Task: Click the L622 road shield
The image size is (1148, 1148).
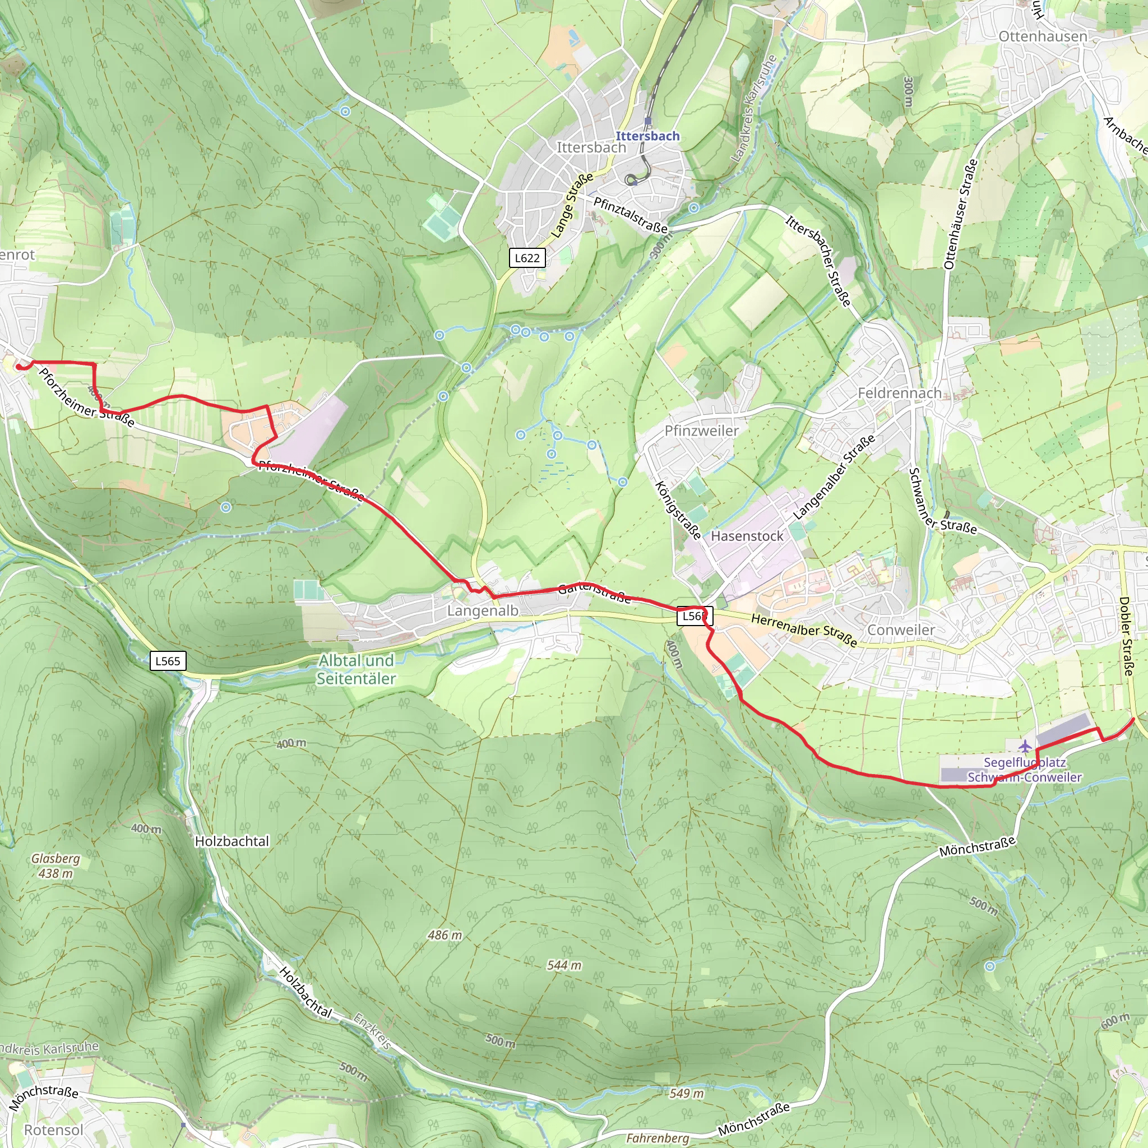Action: tap(527, 258)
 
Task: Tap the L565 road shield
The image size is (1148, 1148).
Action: tap(168, 661)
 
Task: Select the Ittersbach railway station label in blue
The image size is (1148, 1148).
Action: tap(647, 136)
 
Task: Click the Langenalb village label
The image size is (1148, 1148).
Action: tap(483, 611)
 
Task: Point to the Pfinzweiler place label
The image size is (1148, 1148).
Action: tap(701, 431)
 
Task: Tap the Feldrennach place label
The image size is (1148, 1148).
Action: tap(899, 394)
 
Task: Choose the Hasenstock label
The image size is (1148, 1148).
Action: tap(747, 536)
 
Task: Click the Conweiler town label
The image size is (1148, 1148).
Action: tap(901, 630)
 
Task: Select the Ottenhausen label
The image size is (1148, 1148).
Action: tap(1043, 37)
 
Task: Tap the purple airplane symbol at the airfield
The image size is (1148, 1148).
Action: tap(1025, 746)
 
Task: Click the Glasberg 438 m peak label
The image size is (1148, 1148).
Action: tap(55, 865)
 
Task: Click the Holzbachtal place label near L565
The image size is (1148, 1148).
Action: tap(232, 841)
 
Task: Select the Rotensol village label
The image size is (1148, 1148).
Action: tap(53, 1130)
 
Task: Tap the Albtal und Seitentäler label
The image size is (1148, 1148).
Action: tap(356, 670)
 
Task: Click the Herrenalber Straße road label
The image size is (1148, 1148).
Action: tap(804, 631)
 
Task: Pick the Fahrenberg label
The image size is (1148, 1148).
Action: tap(657, 1138)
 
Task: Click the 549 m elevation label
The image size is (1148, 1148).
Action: tap(686, 1093)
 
